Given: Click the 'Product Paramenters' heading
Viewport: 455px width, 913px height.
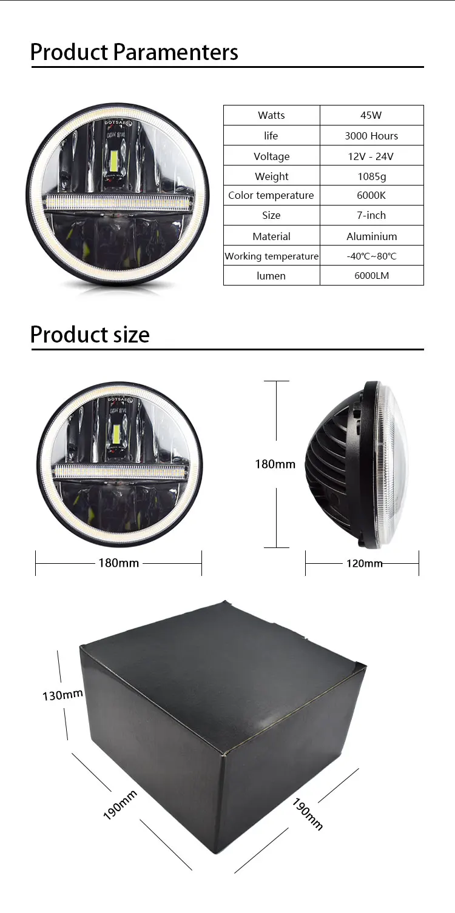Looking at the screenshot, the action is tap(134, 52).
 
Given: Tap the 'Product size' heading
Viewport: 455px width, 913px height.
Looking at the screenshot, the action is tap(90, 335).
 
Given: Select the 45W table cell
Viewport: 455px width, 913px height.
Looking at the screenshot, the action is tap(371, 115).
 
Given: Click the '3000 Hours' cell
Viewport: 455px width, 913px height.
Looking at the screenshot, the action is tap(371, 136).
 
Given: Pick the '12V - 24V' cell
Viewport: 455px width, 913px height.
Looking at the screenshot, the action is tap(371, 156).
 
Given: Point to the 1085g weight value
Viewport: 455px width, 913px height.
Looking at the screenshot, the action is tap(371, 176).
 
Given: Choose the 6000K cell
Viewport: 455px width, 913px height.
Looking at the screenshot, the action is tap(371, 195).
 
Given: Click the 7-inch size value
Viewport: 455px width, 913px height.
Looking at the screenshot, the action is tap(371, 215).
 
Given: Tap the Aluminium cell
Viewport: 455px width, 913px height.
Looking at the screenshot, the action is tap(371, 236).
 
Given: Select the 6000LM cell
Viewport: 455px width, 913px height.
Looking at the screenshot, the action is tap(371, 276).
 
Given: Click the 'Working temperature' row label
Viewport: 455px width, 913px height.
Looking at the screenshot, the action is tap(271, 256).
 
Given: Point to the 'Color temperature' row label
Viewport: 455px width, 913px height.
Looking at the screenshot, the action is tap(271, 195).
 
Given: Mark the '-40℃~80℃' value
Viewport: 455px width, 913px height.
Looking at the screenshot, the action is tap(371, 256).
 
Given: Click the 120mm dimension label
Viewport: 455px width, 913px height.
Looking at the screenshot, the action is tap(364, 563).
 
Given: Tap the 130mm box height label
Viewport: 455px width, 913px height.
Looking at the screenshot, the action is tap(62, 695).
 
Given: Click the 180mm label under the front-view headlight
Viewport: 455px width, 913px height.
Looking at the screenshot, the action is tap(119, 563).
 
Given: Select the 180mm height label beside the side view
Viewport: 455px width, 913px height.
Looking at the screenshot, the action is tap(275, 464).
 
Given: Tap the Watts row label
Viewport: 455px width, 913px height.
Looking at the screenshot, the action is tap(271, 115).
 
